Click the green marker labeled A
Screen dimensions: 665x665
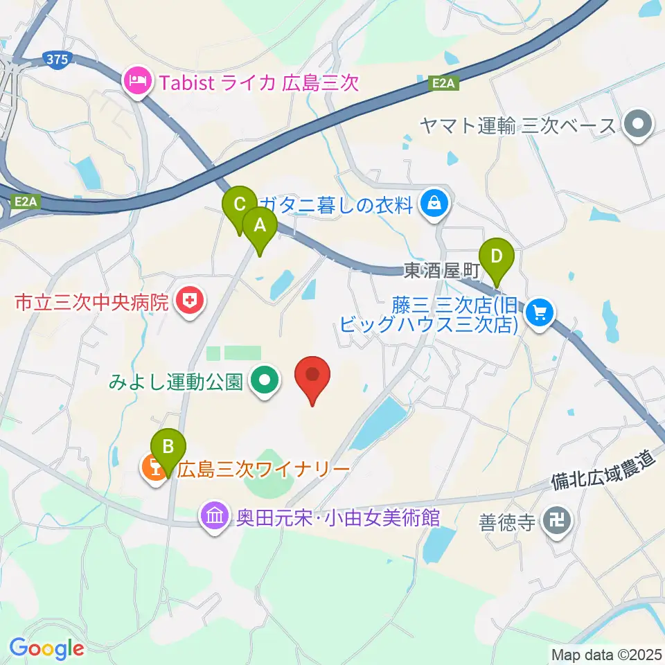pyautogui.click(x=260, y=225)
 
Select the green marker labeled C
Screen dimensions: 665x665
pyautogui.click(x=240, y=205)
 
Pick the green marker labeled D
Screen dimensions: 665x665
pyautogui.click(x=496, y=256)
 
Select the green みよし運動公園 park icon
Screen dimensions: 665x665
pyautogui.click(x=265, y=380)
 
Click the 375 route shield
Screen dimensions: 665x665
pyautogui.click(x=57, y=60)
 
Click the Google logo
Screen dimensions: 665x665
pyautogui.click(x=46, y=648)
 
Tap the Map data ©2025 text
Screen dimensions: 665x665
pyautogui.click(x=607, y=653)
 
